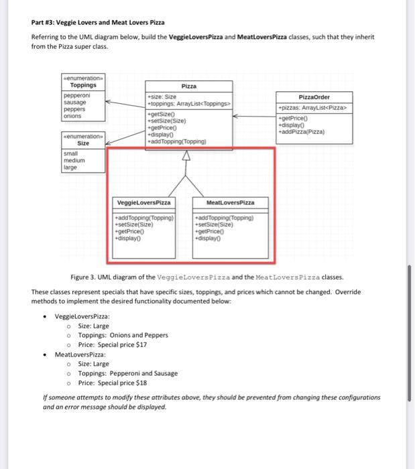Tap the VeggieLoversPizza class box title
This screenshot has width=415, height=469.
[x=144, y=202]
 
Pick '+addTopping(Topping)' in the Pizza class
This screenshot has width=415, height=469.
[x=179, y=141]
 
